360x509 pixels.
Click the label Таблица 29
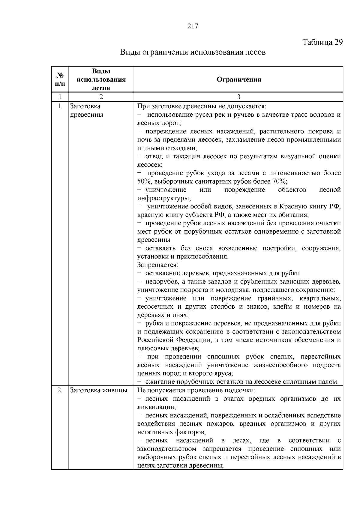tap(322, 42)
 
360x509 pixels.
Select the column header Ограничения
tap(239, 79)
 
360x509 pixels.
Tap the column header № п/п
tap(60, 79)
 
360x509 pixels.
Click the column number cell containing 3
tap(239, 97)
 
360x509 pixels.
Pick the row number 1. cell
tap(60, 106)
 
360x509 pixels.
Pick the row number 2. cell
tap(60, 390)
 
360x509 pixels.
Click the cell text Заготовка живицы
tap(99, 390)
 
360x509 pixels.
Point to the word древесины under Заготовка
tap(86, 115)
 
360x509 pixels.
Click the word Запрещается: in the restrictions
tap(158, 265)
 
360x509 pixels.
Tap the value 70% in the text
tap(279, 181)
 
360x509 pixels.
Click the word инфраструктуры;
tap(164, 198)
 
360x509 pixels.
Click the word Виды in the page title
tap(130, 52)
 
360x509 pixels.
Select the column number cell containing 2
tap(101, 97)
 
